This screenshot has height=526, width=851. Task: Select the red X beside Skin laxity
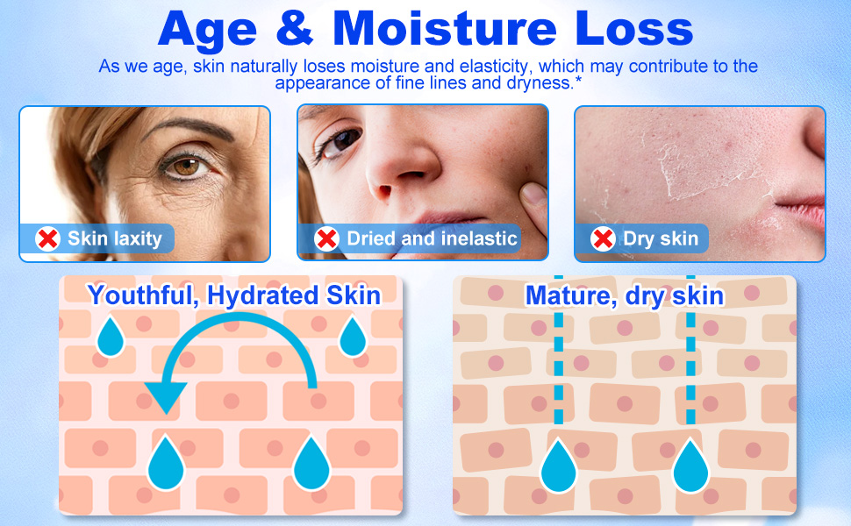click(x=47, y=238)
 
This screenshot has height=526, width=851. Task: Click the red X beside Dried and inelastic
click(x=326, y=238)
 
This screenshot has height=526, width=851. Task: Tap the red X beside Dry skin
click(x=603, y=238)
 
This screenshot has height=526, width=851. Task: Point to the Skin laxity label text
click(x=114, y=238)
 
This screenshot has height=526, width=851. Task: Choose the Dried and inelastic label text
click(x=432, y=238)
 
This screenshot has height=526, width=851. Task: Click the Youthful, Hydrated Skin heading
click(x=234, y=295)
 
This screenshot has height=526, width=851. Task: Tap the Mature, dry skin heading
click(x=625, y=295)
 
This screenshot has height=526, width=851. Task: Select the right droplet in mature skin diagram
click(x=690, y=466)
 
